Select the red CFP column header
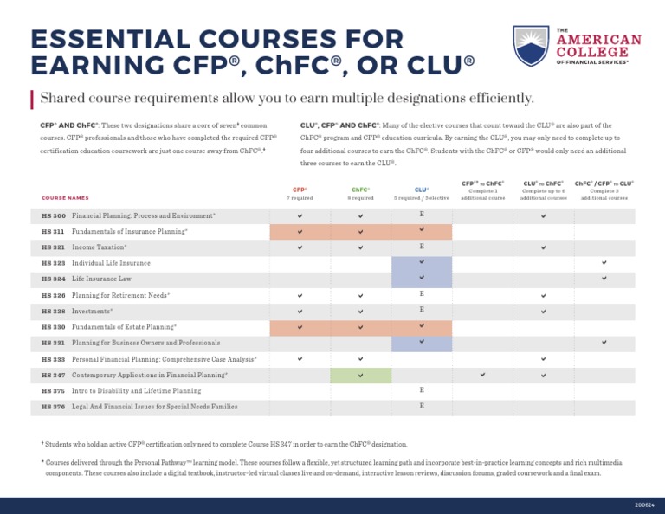300,190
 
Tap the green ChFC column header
360,190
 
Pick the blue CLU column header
422,190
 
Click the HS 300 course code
53,215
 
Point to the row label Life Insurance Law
101,279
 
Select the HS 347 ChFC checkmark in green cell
360,376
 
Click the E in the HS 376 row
422,406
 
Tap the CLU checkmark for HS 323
422,262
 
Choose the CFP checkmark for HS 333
300,358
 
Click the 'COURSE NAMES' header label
65,198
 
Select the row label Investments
92,311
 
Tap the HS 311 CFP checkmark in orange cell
300,232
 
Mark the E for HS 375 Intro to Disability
422,390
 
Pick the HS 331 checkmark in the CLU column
422,343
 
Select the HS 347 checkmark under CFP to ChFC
482,376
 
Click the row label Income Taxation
99,247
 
